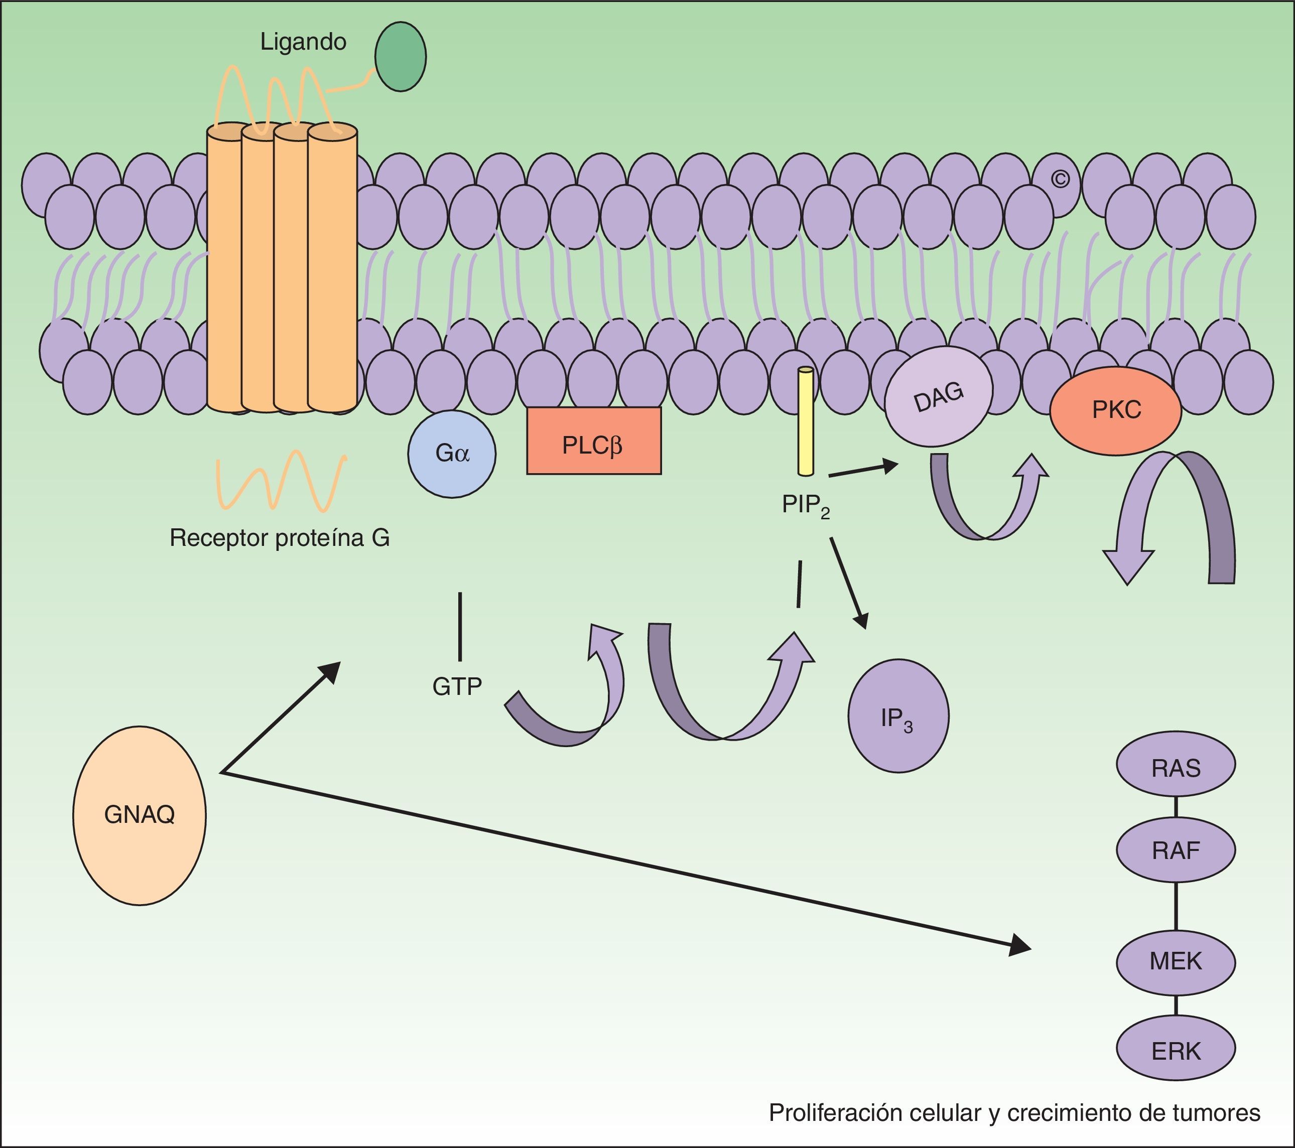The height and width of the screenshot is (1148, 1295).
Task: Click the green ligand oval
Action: (x=401, y=57)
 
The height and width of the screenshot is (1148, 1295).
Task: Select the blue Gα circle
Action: (x=452, y=454)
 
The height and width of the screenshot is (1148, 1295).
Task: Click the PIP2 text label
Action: (x=805, y=505)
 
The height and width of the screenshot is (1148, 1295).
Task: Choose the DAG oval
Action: (x=938, y=396)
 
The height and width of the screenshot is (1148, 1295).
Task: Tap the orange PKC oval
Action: (x=1116, y=410)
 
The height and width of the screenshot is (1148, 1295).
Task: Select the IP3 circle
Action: (x=898, y=716)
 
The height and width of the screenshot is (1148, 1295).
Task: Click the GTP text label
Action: (x=457, y=686)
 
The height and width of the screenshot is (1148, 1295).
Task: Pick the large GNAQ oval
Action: (x=140, y=815)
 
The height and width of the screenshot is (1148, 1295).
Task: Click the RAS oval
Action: (x=1175, y=768)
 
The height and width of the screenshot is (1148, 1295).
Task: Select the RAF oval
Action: (x=1175, y=850)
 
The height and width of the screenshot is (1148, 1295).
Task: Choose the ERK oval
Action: (x=1175, y=1051)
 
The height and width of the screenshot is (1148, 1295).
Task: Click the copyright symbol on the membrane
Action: (x=1060, y=180)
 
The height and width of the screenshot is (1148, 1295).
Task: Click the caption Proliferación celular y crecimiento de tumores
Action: (x=1014, y=1112)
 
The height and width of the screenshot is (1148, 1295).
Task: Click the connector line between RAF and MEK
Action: (x=1176, y=906)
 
